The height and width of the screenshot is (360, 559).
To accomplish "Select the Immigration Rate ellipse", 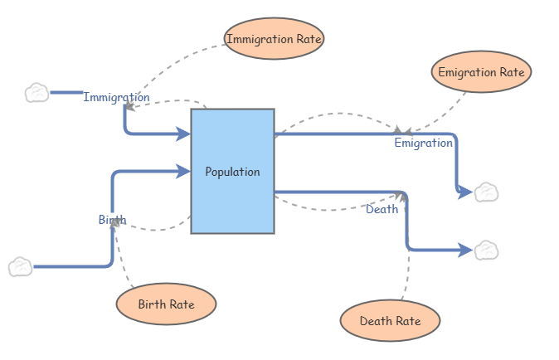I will (274, 38).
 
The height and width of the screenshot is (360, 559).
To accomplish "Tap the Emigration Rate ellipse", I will (481, 72).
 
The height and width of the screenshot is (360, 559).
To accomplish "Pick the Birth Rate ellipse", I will (166, 304).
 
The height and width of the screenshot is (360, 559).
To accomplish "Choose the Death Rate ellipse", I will (390, 321).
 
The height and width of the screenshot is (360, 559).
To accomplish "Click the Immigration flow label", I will (116, 97).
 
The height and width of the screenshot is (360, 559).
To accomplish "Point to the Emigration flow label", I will (423, 143).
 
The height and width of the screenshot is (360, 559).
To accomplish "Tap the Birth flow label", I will (112, 220).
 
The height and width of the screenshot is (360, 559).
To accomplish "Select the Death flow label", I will (382, 209).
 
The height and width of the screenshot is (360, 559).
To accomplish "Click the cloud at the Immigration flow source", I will (36, 92).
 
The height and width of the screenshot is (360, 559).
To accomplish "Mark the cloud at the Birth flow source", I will (21, 267).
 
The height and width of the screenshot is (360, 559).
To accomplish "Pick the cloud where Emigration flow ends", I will (486, 192).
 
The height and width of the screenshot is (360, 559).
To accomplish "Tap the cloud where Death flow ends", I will (486, 250).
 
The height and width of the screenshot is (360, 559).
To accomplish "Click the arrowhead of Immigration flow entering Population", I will (184, 134).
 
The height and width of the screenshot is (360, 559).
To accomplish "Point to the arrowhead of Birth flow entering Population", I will (184, 172).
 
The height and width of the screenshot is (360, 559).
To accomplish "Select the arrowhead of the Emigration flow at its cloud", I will (466, 192).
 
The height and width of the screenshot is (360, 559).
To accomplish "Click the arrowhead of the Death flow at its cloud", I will (466, 250).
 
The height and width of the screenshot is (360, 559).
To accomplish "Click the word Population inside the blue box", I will (232, 172).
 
